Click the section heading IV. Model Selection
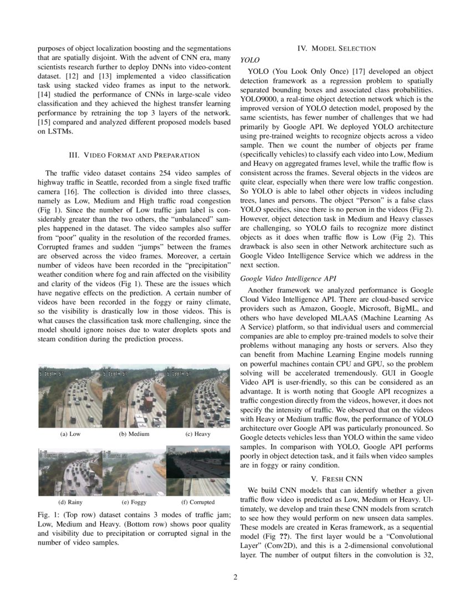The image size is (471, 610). pos(337,48)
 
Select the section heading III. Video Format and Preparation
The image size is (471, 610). pos(134,155)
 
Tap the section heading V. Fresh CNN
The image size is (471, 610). pos(336,478)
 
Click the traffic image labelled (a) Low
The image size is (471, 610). pos(70,396)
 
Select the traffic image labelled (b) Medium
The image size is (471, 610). pos(134,396)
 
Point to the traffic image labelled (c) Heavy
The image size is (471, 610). pos(198,396)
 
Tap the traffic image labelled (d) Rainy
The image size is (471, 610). pos(70,472)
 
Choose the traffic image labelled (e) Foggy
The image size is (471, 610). pos(134,472)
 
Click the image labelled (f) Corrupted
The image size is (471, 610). pos(198,472)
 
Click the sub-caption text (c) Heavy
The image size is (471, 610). pos(198,434)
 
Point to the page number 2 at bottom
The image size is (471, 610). pos(235,577)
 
